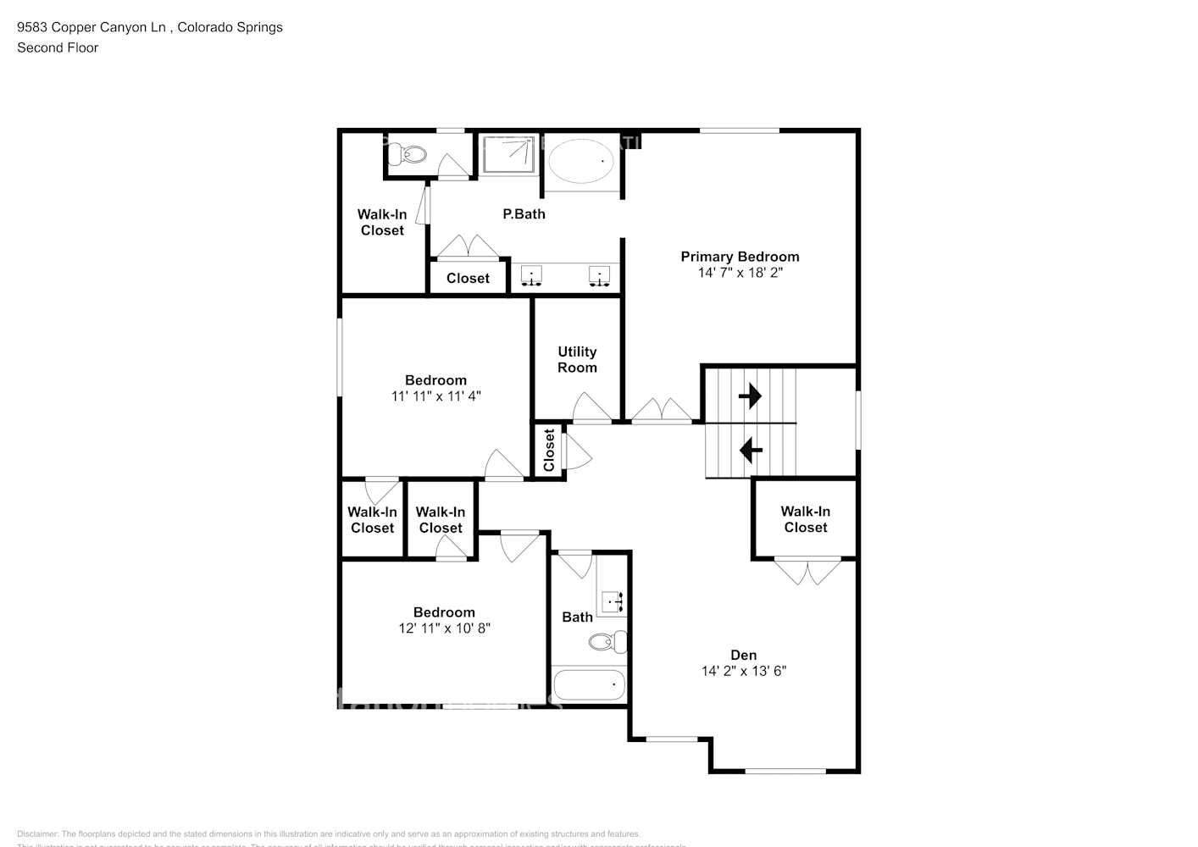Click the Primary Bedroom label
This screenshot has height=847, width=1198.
740,257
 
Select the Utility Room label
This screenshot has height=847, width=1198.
577,359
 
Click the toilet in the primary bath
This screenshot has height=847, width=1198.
413,154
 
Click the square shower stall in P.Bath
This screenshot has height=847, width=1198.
507,154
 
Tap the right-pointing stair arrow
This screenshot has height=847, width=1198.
750,396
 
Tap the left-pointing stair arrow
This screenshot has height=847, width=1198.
750,450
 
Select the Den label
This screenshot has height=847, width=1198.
743,655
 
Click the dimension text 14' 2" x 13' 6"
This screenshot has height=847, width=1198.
743,671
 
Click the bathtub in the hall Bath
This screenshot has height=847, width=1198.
589,684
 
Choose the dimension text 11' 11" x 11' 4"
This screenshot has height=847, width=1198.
435,396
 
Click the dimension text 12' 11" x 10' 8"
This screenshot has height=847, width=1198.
444,628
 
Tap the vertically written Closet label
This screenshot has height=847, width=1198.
549,450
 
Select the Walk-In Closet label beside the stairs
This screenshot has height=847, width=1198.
805,519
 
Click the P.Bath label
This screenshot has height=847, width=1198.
524,214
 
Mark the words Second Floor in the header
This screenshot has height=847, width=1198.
58,47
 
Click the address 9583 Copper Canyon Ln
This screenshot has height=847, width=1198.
92,27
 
